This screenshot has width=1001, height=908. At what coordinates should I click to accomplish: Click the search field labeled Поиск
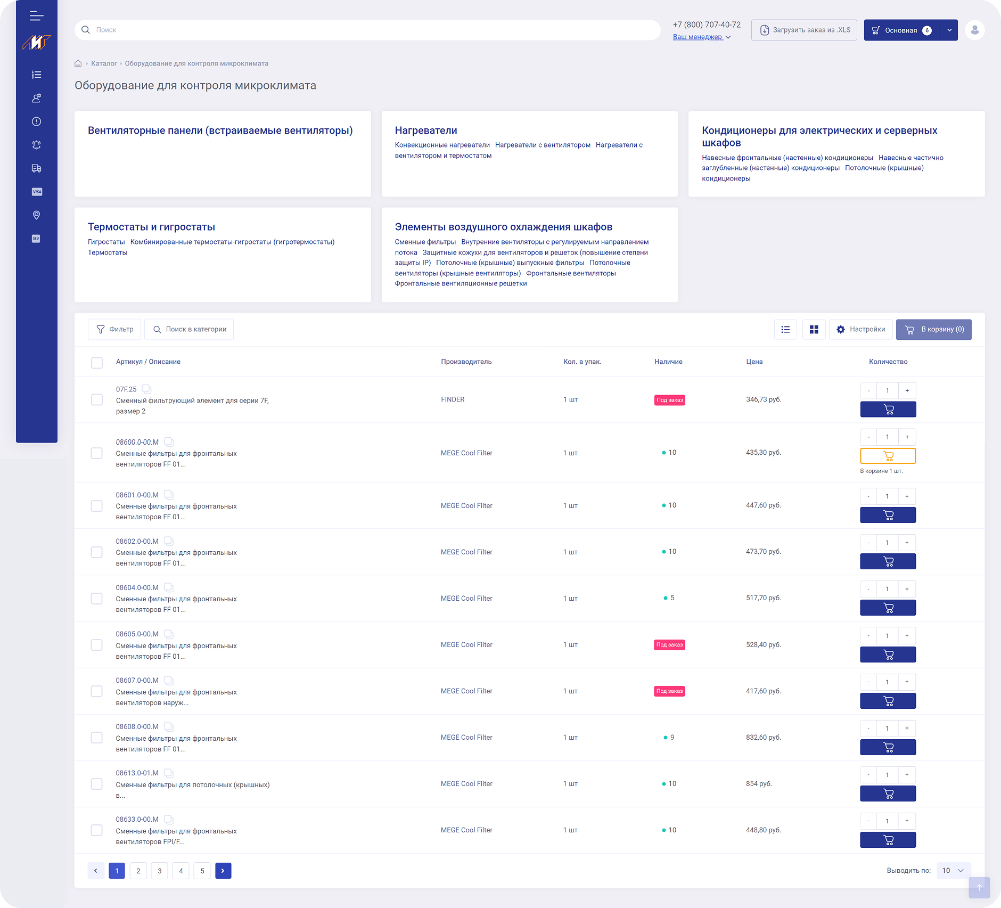pyautogui.click(x=367, y=30)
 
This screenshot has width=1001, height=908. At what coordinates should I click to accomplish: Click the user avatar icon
pyautogui.click(x=974, y=30)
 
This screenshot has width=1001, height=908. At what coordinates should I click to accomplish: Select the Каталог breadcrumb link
pyautogui.click(x=104, y=63)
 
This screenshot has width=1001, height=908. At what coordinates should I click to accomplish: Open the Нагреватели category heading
pyautogui.click(x=426, y=130)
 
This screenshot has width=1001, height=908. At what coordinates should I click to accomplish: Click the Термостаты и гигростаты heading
pyautogui.click(x=151, y=227)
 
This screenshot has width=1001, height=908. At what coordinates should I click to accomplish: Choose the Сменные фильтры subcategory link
pyautogui.click(x=425, y=242)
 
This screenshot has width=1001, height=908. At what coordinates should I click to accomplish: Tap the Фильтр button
pyautogui.click(x=114, y=329)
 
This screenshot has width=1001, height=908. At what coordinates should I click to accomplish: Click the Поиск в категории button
pyautogui.click(x=189, y=329)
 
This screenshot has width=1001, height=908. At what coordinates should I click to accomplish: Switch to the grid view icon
pyautogui.click(x=814, y=330)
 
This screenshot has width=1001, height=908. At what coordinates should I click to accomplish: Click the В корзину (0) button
pyautogui.click(x=933, y=330)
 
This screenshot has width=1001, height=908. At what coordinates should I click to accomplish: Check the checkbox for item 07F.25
pyautogui.click(x=97, y=399)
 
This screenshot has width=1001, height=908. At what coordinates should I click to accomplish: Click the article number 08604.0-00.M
pyautogui.click(x=137, y=587)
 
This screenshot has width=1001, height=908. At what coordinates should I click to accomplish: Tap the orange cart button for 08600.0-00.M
pyautogui.click(x=888, y=456)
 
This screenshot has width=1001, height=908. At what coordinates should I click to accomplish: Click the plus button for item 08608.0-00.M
pyautogui.click(x=907, y=728)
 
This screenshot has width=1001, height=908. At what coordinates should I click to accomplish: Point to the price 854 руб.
pyautogui.click(x=759, y=783)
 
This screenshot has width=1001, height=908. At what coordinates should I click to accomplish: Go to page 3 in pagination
pyautogui.click(x=160, y=871)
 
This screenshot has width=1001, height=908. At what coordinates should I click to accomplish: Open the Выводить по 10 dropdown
pyautogui.click(x=953, y=870)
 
